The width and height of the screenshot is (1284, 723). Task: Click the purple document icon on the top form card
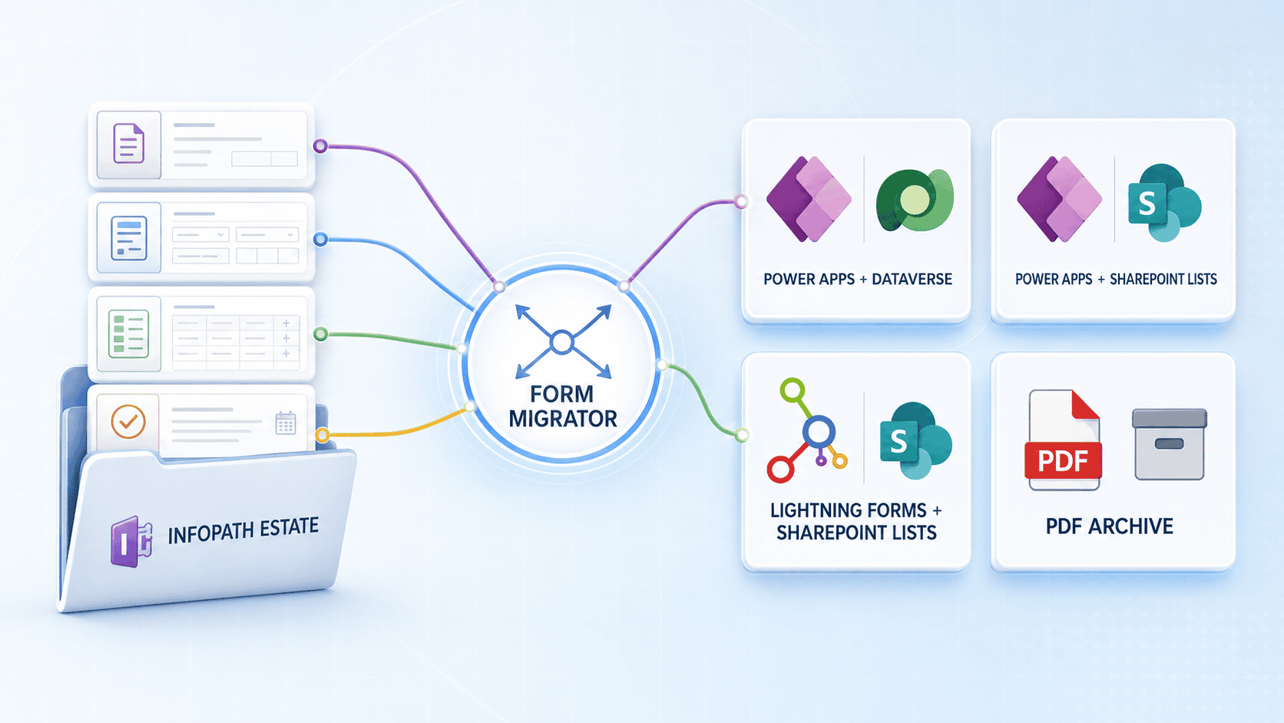point(128,144)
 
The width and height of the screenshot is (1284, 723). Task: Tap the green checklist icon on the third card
point(128,333)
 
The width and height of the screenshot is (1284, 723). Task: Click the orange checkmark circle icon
point(127,422)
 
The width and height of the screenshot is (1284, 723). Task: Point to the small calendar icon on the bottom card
point(286,423)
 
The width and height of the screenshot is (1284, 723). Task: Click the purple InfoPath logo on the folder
point(131,541)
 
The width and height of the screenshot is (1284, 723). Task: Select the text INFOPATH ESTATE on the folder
point(243,530)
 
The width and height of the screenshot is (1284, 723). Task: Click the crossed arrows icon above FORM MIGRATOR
point(563,342)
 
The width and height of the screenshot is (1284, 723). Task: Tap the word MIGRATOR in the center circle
point(563,419)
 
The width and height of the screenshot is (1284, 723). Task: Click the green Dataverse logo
point(915,200)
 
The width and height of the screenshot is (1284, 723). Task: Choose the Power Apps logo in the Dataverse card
point(809,199)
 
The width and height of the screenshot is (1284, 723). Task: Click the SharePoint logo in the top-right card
point(1164,202)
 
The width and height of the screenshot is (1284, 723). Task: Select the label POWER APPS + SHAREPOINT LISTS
point(1116,279)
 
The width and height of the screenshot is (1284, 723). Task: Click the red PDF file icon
point(1064,440)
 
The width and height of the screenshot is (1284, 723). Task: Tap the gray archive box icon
point(1170,444)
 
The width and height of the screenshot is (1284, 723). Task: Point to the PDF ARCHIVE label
point(1109,526)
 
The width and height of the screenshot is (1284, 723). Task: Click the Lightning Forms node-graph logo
point(806,430)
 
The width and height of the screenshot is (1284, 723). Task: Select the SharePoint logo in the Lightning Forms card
point(916,440)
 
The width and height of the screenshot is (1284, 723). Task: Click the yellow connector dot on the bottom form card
point(323,435)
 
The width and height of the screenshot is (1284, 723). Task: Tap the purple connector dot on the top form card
point(320,146)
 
